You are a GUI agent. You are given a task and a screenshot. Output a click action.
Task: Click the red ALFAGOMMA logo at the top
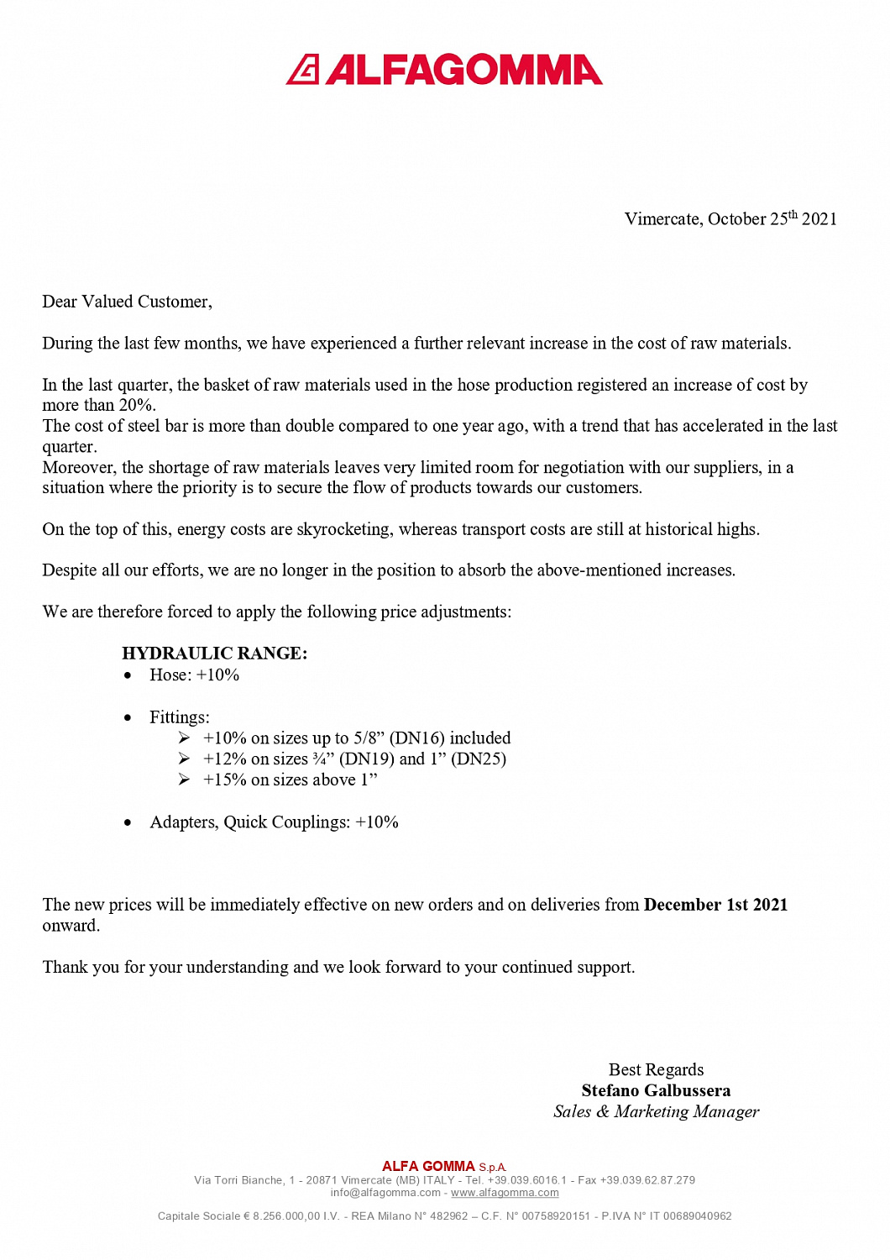tap(444, 70)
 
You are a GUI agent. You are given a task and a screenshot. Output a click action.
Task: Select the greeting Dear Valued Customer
tap(127, 302)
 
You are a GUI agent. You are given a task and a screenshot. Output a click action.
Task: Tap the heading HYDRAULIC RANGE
tap(214, 654)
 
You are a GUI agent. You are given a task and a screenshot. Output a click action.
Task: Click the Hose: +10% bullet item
tap(194, 675)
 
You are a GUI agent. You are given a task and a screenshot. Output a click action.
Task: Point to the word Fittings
tap(179, 717)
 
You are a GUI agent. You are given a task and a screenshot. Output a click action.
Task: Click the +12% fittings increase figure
tap(224, 759)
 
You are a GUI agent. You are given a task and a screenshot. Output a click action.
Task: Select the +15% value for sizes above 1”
tap(224, 780)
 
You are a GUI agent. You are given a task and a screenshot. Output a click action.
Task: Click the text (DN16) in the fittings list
tap(416, 738)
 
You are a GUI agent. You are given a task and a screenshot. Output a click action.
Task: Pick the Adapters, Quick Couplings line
tap(274, 822)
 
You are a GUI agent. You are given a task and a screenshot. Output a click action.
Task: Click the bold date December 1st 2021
tap(715, 905)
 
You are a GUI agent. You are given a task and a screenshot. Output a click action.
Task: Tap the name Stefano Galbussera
tap(656, 1090)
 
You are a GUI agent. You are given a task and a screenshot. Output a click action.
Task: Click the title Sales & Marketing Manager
tap(656, 1111)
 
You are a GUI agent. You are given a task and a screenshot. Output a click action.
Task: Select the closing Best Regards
tap(656, 1069)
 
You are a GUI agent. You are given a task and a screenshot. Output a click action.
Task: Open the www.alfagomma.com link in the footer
tap(505, 1193)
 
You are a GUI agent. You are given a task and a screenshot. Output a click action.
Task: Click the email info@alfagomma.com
tap(385, 1193)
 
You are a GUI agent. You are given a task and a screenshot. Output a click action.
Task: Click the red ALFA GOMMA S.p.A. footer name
tap(444, 1167)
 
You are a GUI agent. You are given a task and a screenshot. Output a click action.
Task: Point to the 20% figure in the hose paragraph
tap(136, 405)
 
